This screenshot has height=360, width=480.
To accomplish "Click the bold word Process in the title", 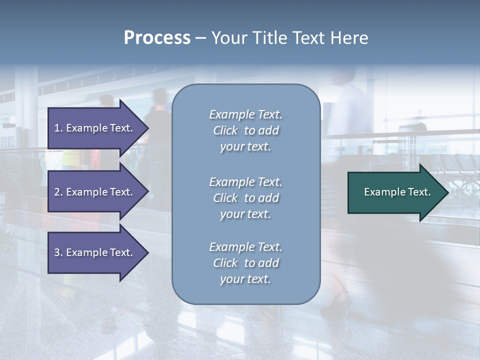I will tap(157, 38).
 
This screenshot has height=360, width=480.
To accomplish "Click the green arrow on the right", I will tap(395, 192).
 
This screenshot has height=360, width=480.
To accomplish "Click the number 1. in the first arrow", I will tap(58, 128).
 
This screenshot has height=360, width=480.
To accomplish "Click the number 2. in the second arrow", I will tap(58, 192).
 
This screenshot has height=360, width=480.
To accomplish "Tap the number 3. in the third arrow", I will tap(58, 252).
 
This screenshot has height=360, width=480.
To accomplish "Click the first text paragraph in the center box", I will tap(245, 130).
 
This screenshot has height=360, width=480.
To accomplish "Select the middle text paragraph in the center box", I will tap(245, 198).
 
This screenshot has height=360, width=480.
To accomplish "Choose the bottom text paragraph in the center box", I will tap(245, 263).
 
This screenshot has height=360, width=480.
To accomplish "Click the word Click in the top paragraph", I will tap(225, 130).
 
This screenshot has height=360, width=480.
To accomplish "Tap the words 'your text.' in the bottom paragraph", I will tap(245, 279).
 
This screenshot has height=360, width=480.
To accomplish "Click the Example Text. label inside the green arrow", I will tap(397, 192).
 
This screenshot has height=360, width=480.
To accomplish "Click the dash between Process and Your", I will tap(200, 38).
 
